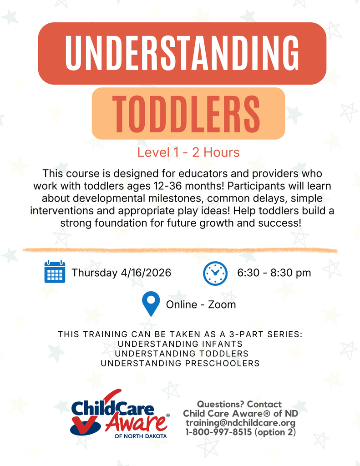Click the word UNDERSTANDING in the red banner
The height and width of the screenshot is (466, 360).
(x=182, y=53)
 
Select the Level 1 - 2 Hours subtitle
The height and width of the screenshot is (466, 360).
(x=188, y=152)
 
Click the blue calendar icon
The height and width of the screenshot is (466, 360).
(x=55, y=272)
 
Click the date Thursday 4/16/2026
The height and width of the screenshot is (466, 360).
(x=121, y=273)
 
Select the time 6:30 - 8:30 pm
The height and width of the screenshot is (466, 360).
(x=274, y=273)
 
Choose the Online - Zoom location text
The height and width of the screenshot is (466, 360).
(x=201, y=304)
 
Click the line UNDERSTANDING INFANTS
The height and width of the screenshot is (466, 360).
(x=180, y=344)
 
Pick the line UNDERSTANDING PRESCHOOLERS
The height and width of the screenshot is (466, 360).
(x=180, y=363)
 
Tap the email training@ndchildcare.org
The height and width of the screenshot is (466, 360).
(x=240, y=423)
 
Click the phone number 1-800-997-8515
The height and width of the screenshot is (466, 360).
(x=218, y=432)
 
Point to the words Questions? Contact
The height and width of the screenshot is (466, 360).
(x=239, y=404)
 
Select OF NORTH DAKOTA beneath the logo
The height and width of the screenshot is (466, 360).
(x=141, y=436)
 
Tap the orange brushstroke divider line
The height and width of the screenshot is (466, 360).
(x=180, y=250)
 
